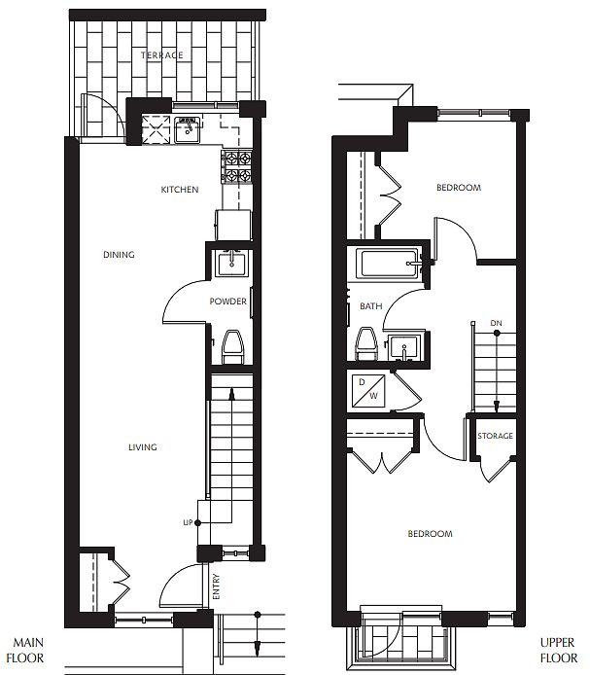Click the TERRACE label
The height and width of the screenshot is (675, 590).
click(161, 55)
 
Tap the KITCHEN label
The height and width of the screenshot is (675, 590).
click(180, 190)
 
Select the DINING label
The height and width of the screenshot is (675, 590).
click(119, 255)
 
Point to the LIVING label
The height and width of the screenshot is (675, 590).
click(143, 447)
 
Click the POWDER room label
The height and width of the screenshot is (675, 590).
click(228, 302)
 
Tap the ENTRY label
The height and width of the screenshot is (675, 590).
click(216, 586)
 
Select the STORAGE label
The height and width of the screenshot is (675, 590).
click(495, 436)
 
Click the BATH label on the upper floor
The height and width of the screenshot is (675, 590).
click(371, 306)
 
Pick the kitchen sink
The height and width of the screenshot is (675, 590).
click(188, 129)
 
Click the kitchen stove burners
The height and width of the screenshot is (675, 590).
click(237, 166)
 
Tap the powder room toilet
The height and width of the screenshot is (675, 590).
click(232, 347)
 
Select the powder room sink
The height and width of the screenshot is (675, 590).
click(231, 264)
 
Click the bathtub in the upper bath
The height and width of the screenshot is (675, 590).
click(390, 263)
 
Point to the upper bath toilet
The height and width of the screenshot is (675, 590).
click(366, 343)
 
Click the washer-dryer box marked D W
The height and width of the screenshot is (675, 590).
click(368, 391)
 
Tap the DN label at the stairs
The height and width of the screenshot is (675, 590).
click(496, 323)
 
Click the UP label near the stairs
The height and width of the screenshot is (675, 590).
click(188, 522)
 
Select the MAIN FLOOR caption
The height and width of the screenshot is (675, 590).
click(25, 650)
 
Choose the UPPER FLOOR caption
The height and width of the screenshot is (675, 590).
click(558, 650)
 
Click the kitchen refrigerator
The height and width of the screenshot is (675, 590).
click(233, 225)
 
